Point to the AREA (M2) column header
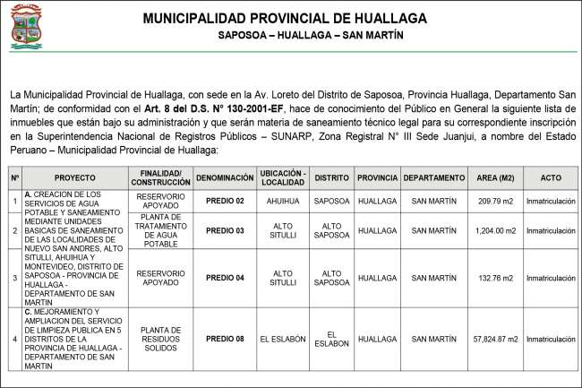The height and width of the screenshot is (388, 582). click(x=495, y=178)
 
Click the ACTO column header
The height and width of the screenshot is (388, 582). click(x=551, y=178)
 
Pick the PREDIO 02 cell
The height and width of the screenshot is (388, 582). click(x=224, y=202)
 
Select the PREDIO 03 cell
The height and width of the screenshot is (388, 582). click(x=224, y=230)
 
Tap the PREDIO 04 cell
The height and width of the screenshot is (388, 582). click(x=224, y=277)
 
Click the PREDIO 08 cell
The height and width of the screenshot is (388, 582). click(x=224, y=338)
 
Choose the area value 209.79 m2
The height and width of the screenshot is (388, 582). click(x=495, y=202)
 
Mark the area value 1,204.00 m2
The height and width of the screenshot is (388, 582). click(x=495, y=230)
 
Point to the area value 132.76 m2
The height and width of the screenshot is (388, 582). click(x=495, y=277)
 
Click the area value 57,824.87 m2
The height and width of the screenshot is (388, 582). click(x=495, y=338)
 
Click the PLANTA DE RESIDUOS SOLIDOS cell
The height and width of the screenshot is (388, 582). click(x=161, y=338)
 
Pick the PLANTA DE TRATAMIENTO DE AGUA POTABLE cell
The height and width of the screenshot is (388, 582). click(x=161, y=230)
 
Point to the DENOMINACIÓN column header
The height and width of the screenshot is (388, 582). click(x=224, y=178)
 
